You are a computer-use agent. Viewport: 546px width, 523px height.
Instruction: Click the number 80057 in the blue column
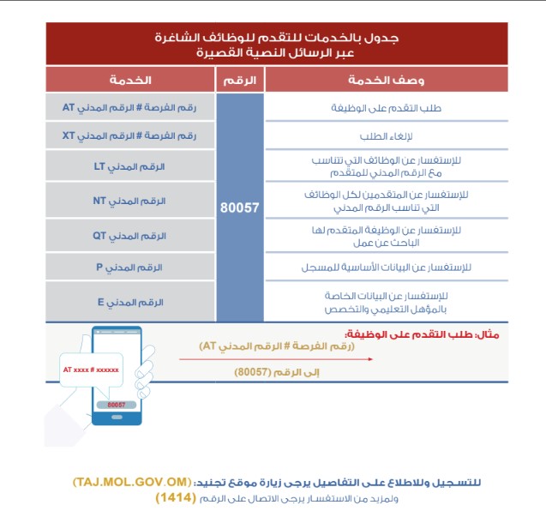point(239,207)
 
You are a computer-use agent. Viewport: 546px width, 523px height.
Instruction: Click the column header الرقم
point(240,80)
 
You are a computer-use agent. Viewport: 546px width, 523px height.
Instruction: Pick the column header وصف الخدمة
point(386,80)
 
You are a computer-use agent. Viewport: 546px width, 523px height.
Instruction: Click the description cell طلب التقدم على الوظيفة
point(386,108)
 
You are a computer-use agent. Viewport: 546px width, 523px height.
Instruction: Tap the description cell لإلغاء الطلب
point(386,135)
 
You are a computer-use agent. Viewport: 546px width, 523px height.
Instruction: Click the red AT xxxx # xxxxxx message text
point(91,370)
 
